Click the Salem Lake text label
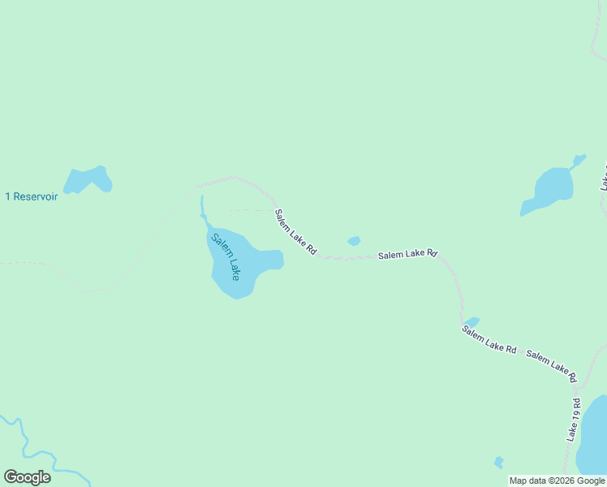coord(226,256)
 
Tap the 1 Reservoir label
coord(32,196)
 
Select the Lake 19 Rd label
coord(573,420)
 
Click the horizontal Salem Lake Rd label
coord(407,255)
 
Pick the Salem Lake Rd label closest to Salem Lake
coord(295,233)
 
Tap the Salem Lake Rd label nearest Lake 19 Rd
coord(551,366)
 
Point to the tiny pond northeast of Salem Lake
coord(354,241)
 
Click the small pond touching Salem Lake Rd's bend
coord(471,322)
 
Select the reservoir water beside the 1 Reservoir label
coord(87,180)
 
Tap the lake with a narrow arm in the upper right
coord(549,188)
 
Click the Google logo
coord(27,477)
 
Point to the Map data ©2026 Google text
coord(557,481)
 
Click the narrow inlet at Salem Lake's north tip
coord(202,209)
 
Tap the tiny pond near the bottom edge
coord(498,463)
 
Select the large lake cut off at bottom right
coord(595,438)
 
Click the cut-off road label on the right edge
coord(603,179)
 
